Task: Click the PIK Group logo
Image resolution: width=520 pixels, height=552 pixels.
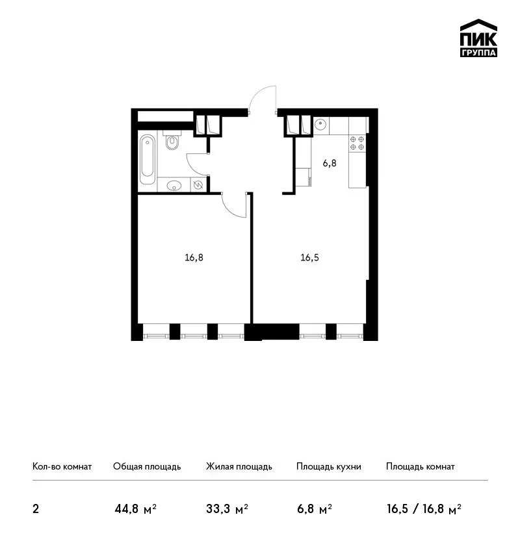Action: click(x=478, y=38)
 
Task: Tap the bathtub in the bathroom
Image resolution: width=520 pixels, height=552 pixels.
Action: click(x=148, y=160)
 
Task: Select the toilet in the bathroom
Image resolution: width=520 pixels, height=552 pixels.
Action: click(x=172, y=140)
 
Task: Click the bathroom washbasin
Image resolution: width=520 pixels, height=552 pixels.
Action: click(x=174, y=185)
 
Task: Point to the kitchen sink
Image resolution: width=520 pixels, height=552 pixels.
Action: click(x=320, y=124)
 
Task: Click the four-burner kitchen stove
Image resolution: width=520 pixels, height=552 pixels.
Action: click(x=357, y=144)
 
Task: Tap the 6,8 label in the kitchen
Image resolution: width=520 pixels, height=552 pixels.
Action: click(x=330, y=164)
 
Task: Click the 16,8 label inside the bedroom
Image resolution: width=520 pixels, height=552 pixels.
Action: click(x=194, y=258)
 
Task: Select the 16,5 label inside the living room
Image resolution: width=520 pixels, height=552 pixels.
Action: click(x=309, y=258)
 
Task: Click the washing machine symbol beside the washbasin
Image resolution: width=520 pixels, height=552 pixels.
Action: click(x=198, y=185)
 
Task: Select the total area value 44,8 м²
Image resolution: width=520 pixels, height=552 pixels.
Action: click(x=135, y=508)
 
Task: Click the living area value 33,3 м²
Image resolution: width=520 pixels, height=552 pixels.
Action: click(x=227, y=508)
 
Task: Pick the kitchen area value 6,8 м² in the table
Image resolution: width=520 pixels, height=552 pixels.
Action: click(x=314, y=508)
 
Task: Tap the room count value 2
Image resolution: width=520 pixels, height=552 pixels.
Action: click(x=36, y=509)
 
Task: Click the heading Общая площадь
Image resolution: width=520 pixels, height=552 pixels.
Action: click(x=147, y=466)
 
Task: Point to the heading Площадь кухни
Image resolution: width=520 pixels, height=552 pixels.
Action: click(x=329, y=466)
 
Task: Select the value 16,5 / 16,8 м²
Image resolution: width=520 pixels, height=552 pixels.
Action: click(x=424, y=508)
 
